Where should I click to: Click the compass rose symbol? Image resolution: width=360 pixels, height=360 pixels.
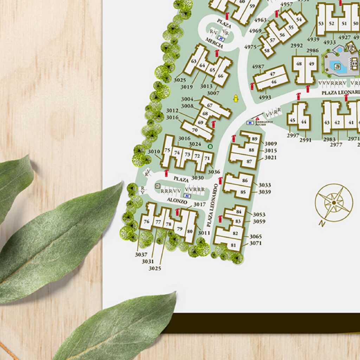(334, 202)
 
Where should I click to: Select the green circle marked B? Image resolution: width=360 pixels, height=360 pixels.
(211, 146)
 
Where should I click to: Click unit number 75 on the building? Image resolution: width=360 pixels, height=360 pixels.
(167, 150)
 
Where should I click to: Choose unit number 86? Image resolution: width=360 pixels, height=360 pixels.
(245, 181)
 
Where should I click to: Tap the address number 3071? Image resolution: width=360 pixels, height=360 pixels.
(256, 243)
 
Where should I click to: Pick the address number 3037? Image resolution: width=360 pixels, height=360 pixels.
(141, 255)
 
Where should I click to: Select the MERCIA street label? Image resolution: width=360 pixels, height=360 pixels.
(214, 45)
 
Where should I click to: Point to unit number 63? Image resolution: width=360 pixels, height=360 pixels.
(194, 61)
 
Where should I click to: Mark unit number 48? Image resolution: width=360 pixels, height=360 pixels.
(299, 64)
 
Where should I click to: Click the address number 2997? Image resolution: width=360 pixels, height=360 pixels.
(293, 136)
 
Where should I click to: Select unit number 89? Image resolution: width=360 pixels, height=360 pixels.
(255, 139)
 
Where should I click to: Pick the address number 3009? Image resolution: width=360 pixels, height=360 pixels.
(271, 143)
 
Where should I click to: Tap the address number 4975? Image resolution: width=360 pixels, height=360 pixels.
(250, 47)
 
